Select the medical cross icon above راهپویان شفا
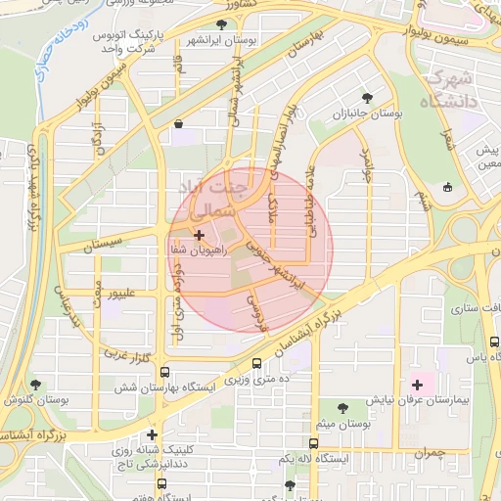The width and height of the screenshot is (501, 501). pyautogui.click(x=200, y=235)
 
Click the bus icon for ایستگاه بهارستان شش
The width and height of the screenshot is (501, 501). pyautogui.click(x=164, y=372)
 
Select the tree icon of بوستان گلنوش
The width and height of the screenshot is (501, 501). pyautogui.click(x=36, y=385)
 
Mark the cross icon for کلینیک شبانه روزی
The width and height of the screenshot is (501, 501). pyautogui.click(x=152, y=433)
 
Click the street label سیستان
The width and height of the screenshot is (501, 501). pyautogui.click(x=102, y=244)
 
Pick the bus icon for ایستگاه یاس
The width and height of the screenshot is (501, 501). pyautogui.click(x=494, y=343)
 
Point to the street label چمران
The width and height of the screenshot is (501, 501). pyautogui.click(x=428, y=454)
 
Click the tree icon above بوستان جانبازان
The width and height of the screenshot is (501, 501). pyautogui.click(x=368, y=98)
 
